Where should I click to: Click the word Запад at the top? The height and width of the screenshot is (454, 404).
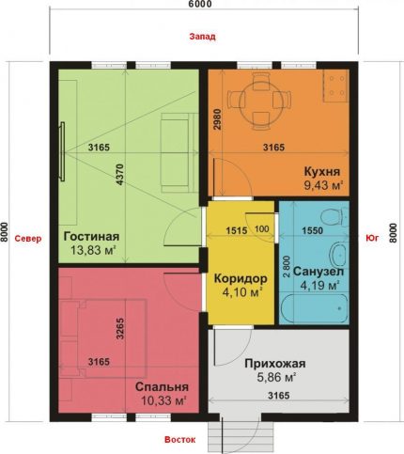[x=201, y=38]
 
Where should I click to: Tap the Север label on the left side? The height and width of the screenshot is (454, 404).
[x=25, y=238]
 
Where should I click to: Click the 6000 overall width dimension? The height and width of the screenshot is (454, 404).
[x=200, y=6]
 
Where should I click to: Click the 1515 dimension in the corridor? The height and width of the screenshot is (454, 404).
[x=237, y=229]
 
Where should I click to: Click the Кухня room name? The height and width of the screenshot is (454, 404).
[x=321, y=172]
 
